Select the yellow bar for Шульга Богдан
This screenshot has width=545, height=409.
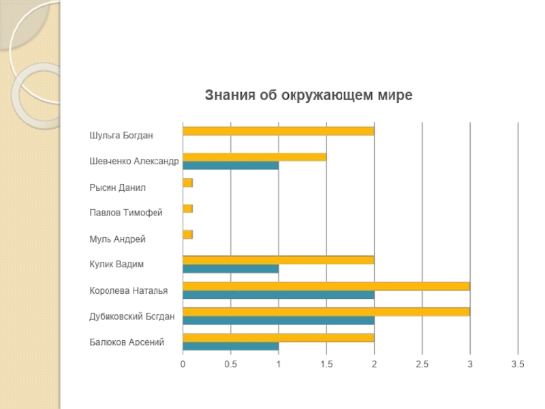click(278, 131)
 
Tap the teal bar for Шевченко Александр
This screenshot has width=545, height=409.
click(230, 166)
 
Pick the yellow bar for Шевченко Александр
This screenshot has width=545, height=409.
click(254, 157)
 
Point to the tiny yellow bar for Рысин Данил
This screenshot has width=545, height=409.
click(187, 183)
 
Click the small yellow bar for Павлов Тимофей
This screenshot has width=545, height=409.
click(187, 209)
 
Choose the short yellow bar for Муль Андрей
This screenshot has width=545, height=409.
click(187, 234)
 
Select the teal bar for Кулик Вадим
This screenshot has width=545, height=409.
click(230, 269)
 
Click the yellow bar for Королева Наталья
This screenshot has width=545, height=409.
click(326, 286)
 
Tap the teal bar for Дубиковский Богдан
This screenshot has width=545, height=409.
click(278, 320)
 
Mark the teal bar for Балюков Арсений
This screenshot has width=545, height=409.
click(230, 346)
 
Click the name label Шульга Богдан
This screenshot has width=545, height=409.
click(121, 135)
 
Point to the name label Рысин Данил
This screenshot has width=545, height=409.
click(117, 187)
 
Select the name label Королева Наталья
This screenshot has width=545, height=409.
click(129, 290)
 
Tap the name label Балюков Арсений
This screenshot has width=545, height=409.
click(127, 342)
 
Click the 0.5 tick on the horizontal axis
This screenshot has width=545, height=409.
click(230, 365)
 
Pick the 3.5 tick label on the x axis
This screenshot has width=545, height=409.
click(518, 365)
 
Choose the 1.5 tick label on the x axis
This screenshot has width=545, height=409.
click(326, 365)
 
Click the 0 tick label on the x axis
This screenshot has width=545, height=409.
click(183, 365)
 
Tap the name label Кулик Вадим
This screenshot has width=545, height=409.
click(116, 264)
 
